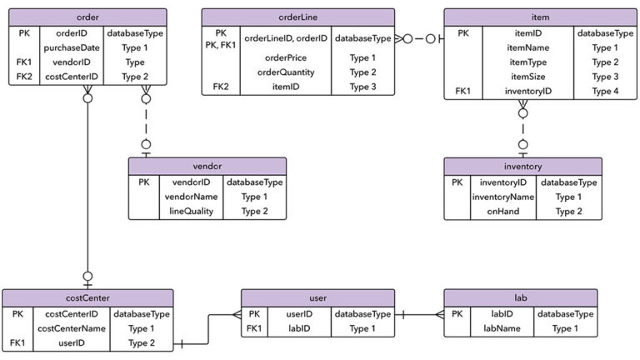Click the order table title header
(x=87, y=17)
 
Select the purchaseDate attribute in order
(x=71, y=48)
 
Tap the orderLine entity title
(x=297, y=17)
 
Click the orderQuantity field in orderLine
(x=285, y=72)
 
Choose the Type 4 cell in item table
(x=605, y=91)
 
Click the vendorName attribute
(x=190, y=197)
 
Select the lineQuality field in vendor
(x=190, y=212)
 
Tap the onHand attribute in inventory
(x=503, y=212)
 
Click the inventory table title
(x=522, y=166)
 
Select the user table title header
(x=317, y=297)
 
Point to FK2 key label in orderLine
(x=220, y=86)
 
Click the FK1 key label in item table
(x=463, y=91)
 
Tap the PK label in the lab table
(x=457, y=314)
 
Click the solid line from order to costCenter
(x=87, y=192)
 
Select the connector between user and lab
(x=418, y=314)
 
